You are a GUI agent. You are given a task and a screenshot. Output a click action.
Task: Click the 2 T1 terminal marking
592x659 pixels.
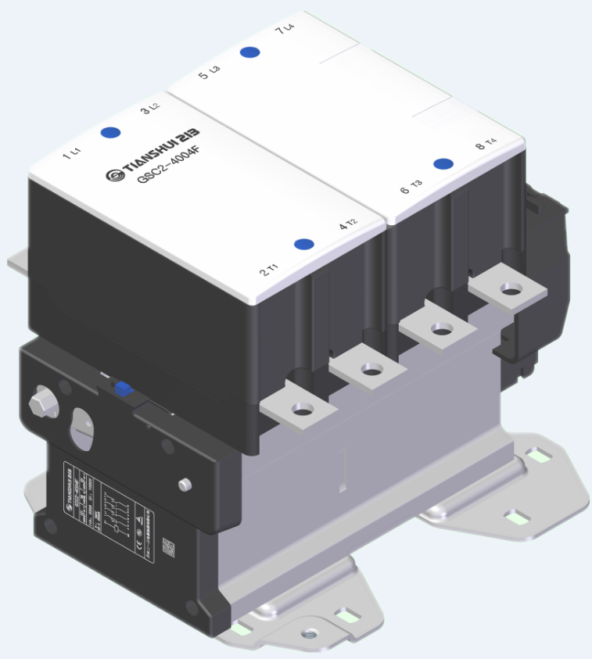(268, 271)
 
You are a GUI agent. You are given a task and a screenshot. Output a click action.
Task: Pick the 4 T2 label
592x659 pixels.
(348, 225)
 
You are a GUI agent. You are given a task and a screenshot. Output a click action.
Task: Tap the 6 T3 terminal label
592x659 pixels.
(411, 187)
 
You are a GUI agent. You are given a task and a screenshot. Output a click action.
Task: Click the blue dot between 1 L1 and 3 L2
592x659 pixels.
(110, 133)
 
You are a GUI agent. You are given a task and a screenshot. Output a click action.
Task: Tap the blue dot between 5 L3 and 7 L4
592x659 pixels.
(249, 52)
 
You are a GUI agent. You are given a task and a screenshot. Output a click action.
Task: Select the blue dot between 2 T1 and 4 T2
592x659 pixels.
(304, 244)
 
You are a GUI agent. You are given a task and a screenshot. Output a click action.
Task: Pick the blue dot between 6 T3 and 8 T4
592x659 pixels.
(444, 163)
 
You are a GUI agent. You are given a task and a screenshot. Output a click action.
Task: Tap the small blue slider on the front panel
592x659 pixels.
(121, 389)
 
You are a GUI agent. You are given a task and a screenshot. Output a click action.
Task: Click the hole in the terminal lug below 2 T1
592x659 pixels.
(301, 408)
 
